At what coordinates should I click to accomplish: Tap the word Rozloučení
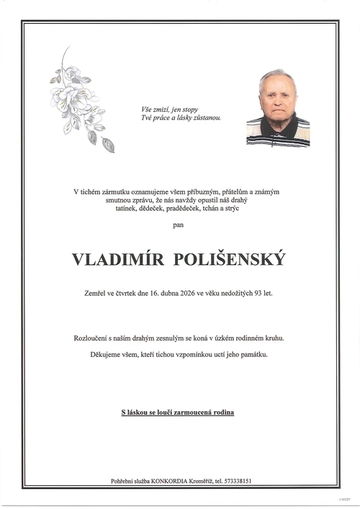91,338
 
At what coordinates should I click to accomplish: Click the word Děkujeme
89,355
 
